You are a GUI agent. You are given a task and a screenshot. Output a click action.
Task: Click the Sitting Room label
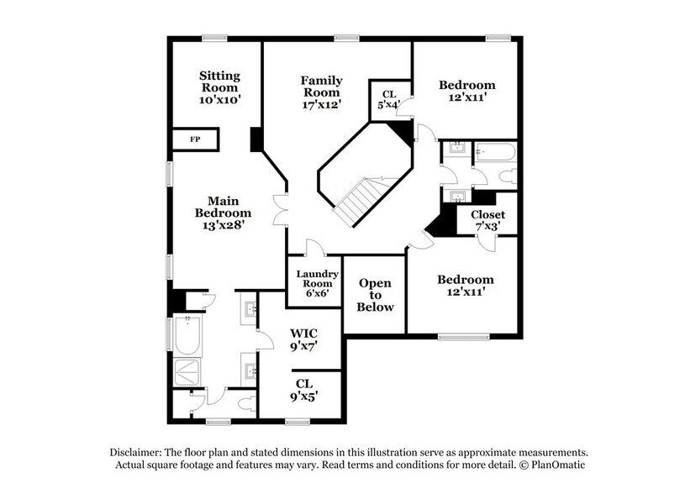[219, 87]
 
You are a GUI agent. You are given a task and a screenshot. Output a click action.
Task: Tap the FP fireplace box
[195, 139]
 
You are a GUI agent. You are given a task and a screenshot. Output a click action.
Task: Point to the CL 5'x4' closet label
[389, 101]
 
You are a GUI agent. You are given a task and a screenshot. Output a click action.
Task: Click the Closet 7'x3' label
[487, 220]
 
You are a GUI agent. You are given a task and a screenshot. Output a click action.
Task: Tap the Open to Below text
[375, 295]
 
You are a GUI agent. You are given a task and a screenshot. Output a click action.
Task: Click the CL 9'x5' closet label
[303, 390]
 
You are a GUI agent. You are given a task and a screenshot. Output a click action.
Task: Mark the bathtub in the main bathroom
[187, 335]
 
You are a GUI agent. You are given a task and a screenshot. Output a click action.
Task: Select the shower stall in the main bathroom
[187, 372]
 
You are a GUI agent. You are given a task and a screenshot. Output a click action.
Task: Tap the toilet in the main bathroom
[247, 404]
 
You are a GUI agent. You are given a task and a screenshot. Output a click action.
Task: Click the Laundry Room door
[314, 250]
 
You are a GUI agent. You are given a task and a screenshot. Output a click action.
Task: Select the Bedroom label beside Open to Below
[465, 286]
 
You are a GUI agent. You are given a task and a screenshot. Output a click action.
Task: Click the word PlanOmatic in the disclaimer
[554, 465]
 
